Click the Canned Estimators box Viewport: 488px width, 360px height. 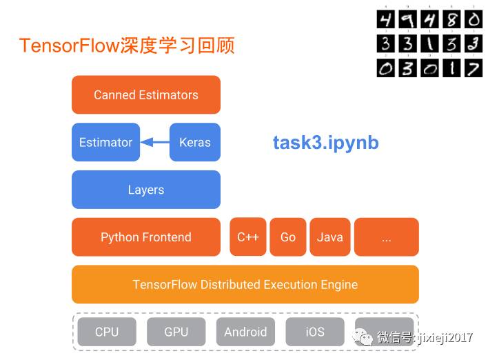(146, 95)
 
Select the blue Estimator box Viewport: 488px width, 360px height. (105, 143)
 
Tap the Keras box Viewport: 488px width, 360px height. (194, 143)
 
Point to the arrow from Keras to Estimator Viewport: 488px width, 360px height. (155, 143)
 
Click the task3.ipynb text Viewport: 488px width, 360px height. (325, 143)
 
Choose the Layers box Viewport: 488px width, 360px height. (146, 190)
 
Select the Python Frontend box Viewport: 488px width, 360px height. (146, 237)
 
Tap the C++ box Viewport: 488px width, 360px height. (247, 237)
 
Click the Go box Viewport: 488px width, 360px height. (288, 237)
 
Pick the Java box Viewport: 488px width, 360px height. (329, 237)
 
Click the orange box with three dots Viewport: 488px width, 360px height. (386, 237)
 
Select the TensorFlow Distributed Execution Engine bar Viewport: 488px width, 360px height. (245, 284)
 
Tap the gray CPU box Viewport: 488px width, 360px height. (107, 332)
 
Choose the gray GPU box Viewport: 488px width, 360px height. (176, 332)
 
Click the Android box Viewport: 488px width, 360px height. (245, 332)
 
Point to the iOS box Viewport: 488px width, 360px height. (315, 332)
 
